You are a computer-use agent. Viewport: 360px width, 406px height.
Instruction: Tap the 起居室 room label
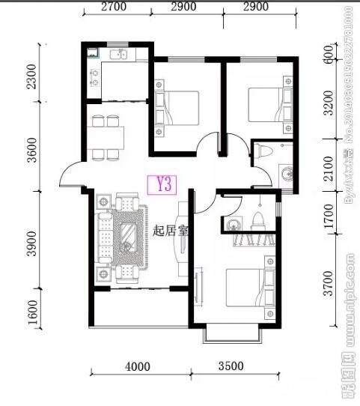coord(169,231)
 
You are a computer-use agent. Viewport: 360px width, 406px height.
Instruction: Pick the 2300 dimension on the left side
coord(31,76)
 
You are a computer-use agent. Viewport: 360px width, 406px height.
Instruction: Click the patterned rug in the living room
coord(129,237)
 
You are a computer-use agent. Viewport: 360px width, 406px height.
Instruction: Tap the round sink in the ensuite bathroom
coord(233,223)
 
